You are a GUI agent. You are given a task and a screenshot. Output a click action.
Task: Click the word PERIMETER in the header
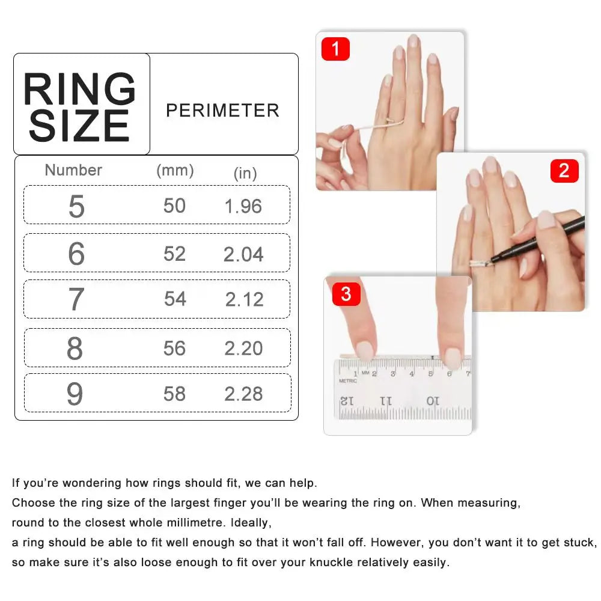222,111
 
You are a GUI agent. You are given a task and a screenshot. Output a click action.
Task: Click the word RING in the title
79,90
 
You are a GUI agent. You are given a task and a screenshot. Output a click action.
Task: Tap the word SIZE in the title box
79,126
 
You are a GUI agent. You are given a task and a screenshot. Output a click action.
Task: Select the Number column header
73,170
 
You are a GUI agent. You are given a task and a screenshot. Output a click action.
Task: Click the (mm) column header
175,170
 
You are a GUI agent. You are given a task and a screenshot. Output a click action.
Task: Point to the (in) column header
245,174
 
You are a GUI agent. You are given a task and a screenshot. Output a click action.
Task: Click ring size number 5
76,207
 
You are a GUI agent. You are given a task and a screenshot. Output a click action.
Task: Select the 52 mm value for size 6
174,254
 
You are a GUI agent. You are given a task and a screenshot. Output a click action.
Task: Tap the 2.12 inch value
245,299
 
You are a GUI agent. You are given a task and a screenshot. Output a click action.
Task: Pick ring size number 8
75,349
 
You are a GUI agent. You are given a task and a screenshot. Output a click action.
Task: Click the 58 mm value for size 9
174,394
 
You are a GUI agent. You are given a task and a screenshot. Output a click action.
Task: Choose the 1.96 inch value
243,207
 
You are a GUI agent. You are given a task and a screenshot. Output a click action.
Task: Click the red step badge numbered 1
335,49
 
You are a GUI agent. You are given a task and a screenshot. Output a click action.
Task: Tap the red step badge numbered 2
564,171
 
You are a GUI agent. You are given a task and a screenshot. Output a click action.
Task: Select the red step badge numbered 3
346,294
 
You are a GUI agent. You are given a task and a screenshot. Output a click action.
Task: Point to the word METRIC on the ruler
348,381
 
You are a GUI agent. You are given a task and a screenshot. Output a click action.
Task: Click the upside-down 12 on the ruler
347,400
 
